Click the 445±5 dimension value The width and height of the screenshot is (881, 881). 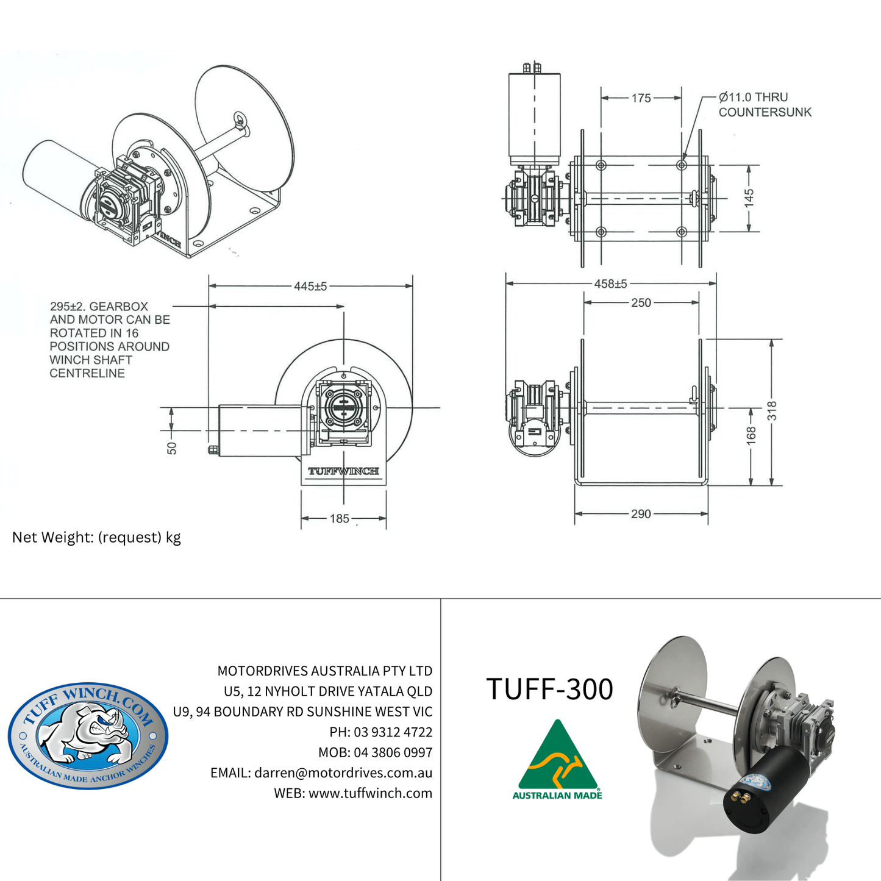click(310, 286)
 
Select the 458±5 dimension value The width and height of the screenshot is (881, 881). click(610, 284)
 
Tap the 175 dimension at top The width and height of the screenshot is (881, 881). click(641, 98)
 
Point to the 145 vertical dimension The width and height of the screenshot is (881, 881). click(749, 198)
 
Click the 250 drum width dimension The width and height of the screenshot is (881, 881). click(641, 302)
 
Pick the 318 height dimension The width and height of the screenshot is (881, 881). click(772, 410)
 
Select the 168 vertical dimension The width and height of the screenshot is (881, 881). click(751, 434)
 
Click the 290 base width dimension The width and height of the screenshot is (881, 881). click(641, 514)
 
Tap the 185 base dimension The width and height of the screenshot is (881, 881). click(340, 519)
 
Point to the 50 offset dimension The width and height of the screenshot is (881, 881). click(172, 448)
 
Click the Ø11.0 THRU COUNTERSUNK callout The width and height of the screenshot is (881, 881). click(765, 105)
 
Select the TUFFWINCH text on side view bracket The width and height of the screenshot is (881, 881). click(343, 471)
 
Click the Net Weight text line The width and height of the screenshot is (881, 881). click(96, 537)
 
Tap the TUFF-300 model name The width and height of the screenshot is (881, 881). click(549, 689)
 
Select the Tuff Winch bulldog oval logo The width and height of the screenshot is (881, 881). click(88, 735)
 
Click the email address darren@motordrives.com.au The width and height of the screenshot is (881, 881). click(343, 772)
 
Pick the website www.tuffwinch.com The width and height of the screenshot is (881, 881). click(370, 793)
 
